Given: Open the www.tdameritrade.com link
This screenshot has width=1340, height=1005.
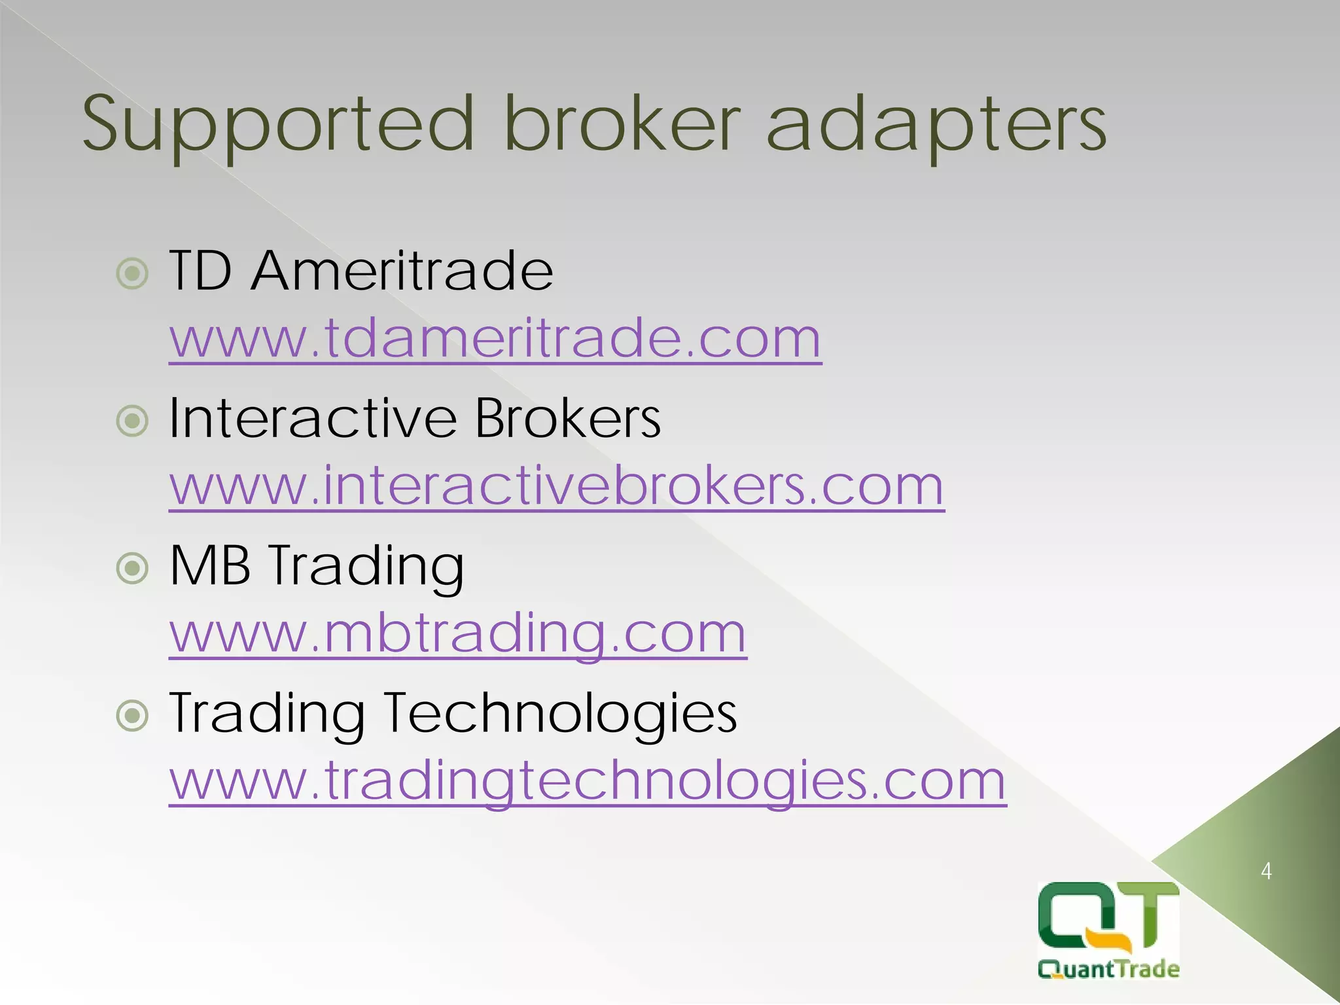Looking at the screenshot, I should pyautogui.click(x=495, y=338).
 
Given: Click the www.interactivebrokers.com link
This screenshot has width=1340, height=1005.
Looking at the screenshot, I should pyautogui.click(x=557, y=485).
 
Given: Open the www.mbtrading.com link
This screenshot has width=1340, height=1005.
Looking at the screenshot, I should pyautogui.click(x=458, y=633).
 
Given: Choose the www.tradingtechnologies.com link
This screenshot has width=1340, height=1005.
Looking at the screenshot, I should pyautogui.click(x=588, y=781).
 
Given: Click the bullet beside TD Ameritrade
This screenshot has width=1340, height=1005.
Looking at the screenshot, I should pyautogui.click(x=133, y=273).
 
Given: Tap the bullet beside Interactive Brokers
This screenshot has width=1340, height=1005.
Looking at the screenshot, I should pyautogui.click(x=133, y=421).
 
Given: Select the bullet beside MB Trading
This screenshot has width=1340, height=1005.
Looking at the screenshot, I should pyautogui.click(x=133, y=569).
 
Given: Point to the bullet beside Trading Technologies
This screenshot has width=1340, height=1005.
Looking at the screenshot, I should pyautogui.click(x=133, y=716).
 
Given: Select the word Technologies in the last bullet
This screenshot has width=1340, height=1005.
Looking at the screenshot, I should pyautogui.click(x=560, y=713).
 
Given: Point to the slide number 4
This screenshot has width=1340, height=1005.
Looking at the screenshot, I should pyautogui.click(x=1266, y=872).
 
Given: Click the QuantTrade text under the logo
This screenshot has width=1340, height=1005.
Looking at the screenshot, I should pyautogui.click(x=1108, y=969).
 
